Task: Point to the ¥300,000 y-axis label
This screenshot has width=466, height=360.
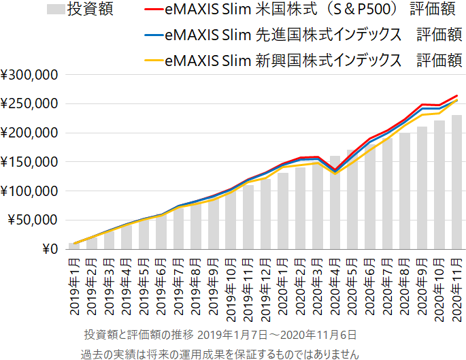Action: pyautogui.click(x=30, y=75)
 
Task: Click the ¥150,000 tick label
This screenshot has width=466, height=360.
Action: pyautogui.click(x=30, y=162)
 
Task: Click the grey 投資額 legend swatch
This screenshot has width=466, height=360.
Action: pyautogui.click(x=56, y=10)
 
